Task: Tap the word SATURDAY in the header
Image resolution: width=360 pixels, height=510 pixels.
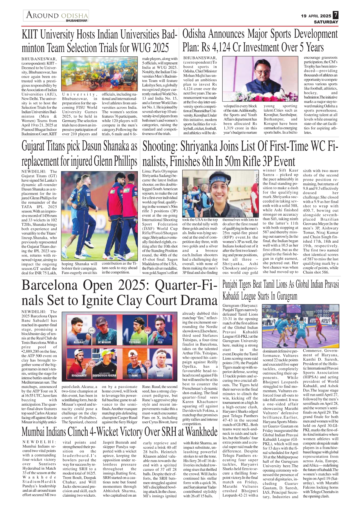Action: tap(326, 22)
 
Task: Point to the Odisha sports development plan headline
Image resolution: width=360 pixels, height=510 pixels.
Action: tap(260, 41)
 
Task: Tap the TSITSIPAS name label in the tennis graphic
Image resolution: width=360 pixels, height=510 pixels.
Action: tap(134, 343)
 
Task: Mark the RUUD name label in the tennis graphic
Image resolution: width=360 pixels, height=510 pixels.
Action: tap(160, 375)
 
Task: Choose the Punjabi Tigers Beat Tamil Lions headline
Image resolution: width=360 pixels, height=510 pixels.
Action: tap(280, 290)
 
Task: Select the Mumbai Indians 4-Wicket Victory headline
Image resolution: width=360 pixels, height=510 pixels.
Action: tap(119, 432)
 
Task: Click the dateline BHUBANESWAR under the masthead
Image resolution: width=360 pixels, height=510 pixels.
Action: tap(77, 21)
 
